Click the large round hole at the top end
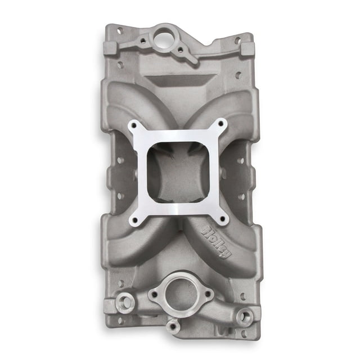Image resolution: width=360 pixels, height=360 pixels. [x=167, y=33]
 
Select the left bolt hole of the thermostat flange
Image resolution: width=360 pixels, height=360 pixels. [x=153, y=294]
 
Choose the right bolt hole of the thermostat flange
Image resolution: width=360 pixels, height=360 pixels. [x=207, y=293]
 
